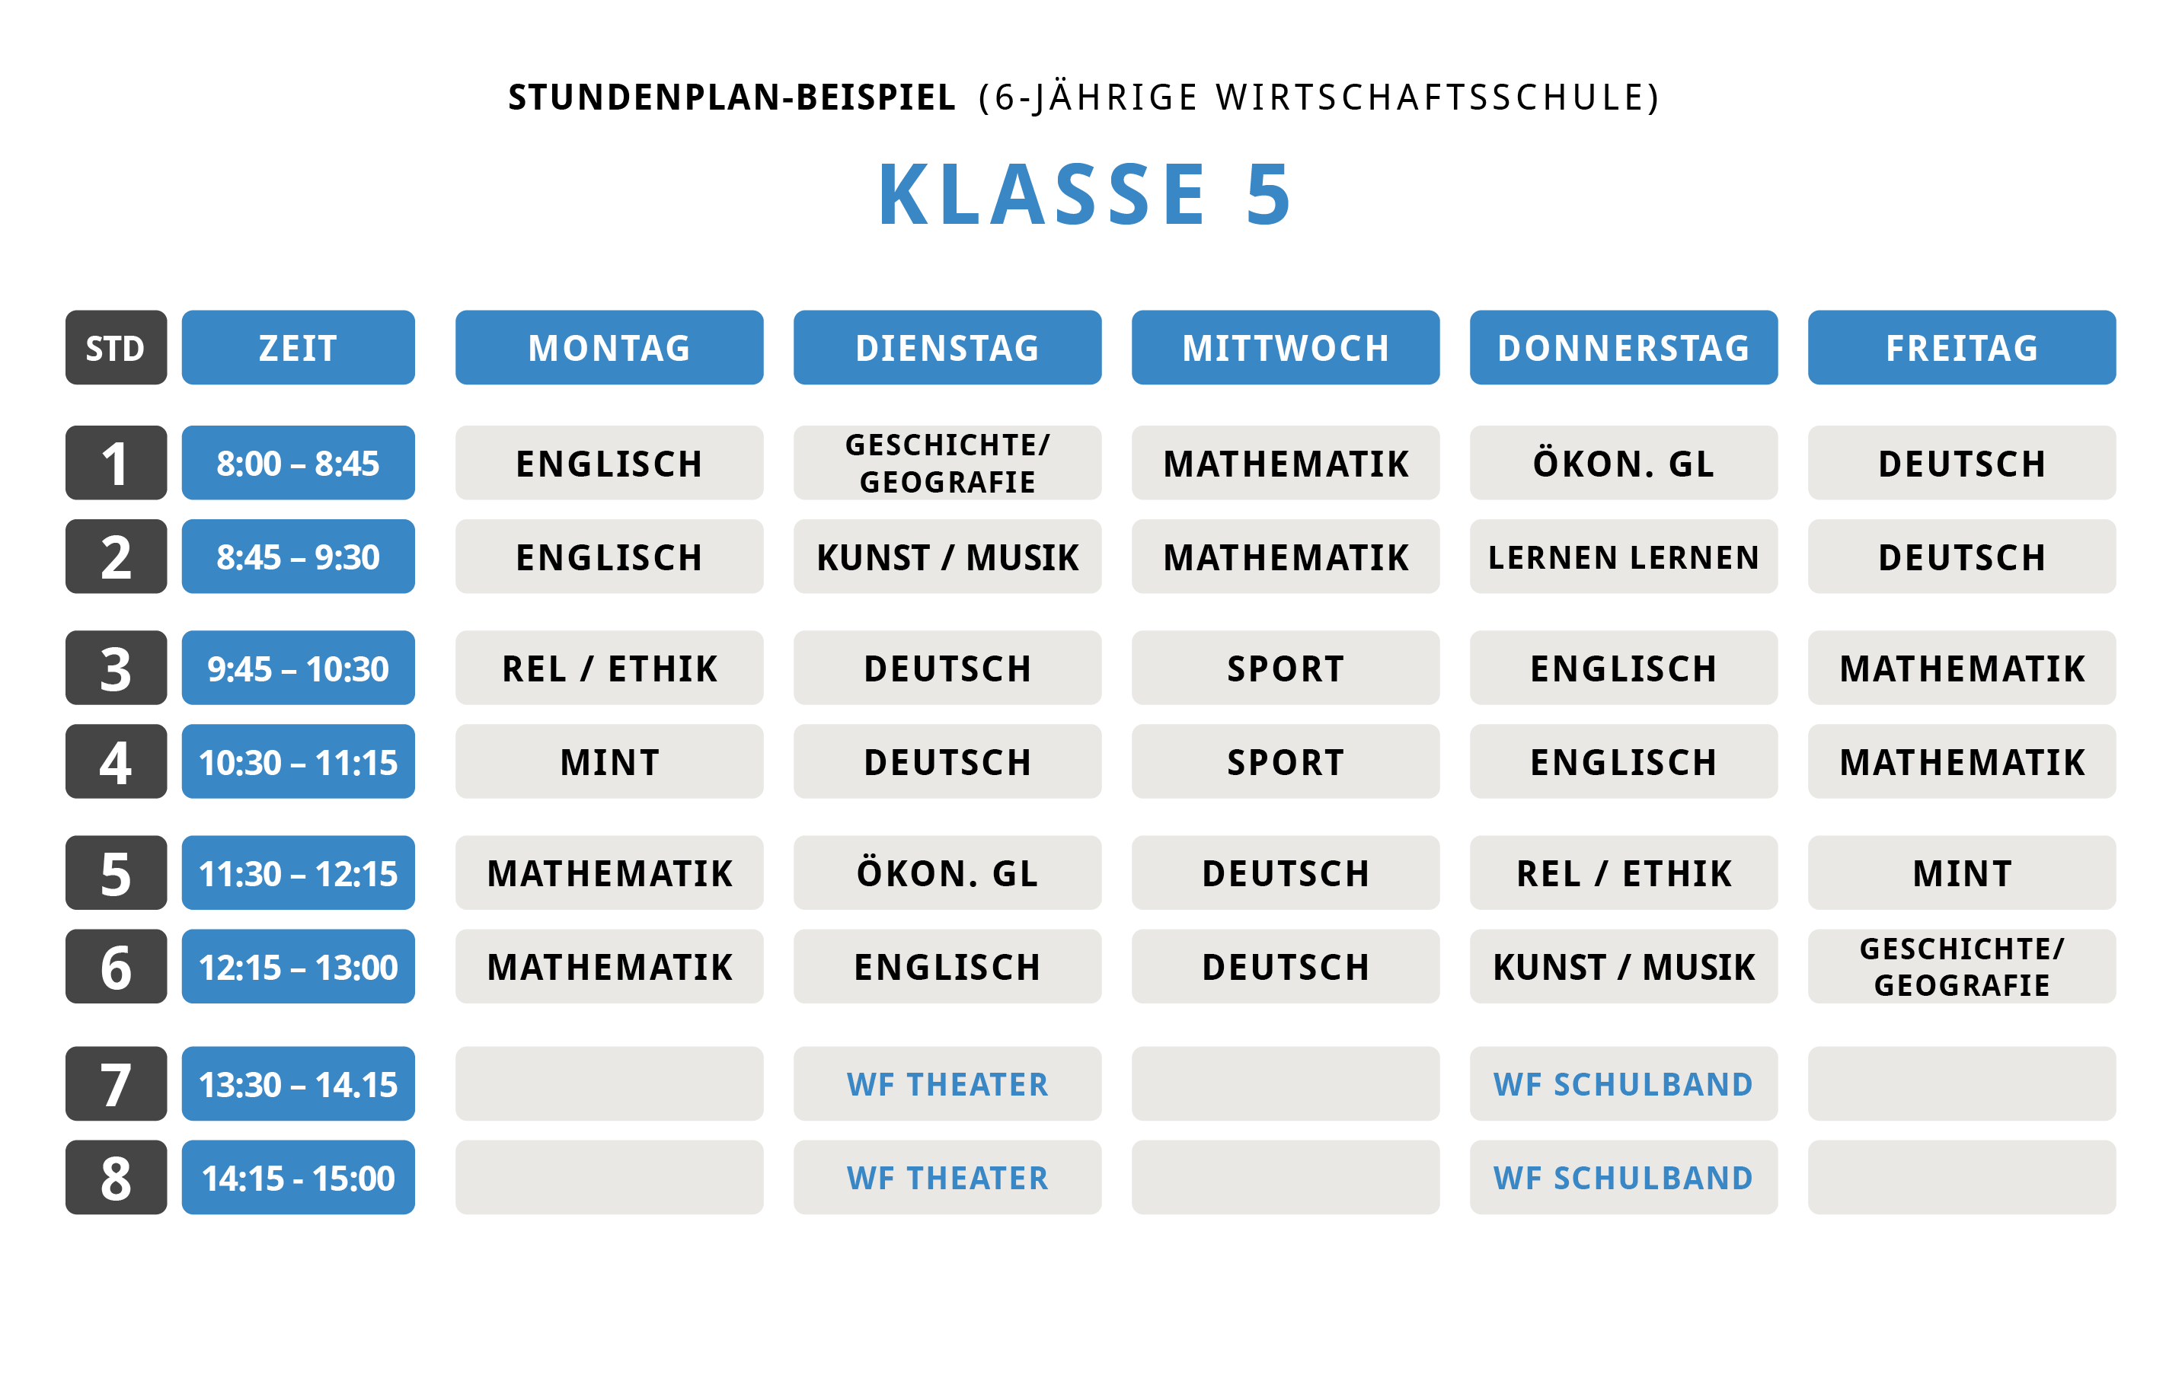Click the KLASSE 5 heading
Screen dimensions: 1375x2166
point(1084,194)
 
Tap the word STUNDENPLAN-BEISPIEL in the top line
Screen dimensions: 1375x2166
point(731,97)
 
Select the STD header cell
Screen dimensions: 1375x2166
point(116,348)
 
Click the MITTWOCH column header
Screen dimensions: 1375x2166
point(1285,348)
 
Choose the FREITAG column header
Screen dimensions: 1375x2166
point(1961,348)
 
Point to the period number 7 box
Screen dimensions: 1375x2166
point(116,1083)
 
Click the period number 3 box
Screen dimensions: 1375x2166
point(116,668)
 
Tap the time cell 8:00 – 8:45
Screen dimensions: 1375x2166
point(298,463)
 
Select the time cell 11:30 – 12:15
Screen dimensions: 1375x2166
point(298,873)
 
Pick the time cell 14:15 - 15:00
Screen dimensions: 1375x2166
point(298,1177)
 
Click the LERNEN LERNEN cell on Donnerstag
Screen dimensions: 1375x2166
point(1623,557)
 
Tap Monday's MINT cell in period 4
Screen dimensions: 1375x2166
point(609,761)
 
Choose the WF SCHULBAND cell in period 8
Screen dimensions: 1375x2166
point(1623,1177)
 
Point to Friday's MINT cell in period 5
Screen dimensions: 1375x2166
point(1961,873)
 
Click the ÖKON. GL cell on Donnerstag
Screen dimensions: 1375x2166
point(1623,463)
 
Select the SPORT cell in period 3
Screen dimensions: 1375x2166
point(1285,668)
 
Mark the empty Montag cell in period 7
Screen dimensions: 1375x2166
point(609,1083)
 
